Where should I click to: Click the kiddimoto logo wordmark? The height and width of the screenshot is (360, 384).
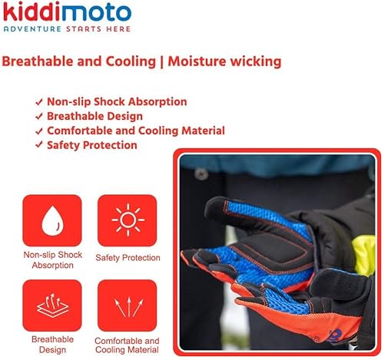[67, 12]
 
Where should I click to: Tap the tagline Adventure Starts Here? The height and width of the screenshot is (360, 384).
[67, 28]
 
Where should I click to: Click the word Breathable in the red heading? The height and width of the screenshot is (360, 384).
[35, 61]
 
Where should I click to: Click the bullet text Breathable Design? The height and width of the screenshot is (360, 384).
[94, 116]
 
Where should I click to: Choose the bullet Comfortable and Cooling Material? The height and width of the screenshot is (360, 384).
[135, 130]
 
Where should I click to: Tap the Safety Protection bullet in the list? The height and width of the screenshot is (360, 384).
[92, 145]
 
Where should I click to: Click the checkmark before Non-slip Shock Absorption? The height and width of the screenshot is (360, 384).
[39, 101]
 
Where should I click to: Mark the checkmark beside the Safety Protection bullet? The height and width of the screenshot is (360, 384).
[39, 145]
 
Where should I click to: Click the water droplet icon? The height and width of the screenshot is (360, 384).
[52, 221]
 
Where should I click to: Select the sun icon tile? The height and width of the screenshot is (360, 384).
[127, 221]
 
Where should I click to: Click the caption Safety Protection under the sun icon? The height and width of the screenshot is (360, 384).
[127, 258]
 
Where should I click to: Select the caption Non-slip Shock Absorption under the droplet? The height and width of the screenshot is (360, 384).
[53, 260]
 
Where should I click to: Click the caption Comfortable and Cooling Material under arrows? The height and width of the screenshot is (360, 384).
[127, 345]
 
